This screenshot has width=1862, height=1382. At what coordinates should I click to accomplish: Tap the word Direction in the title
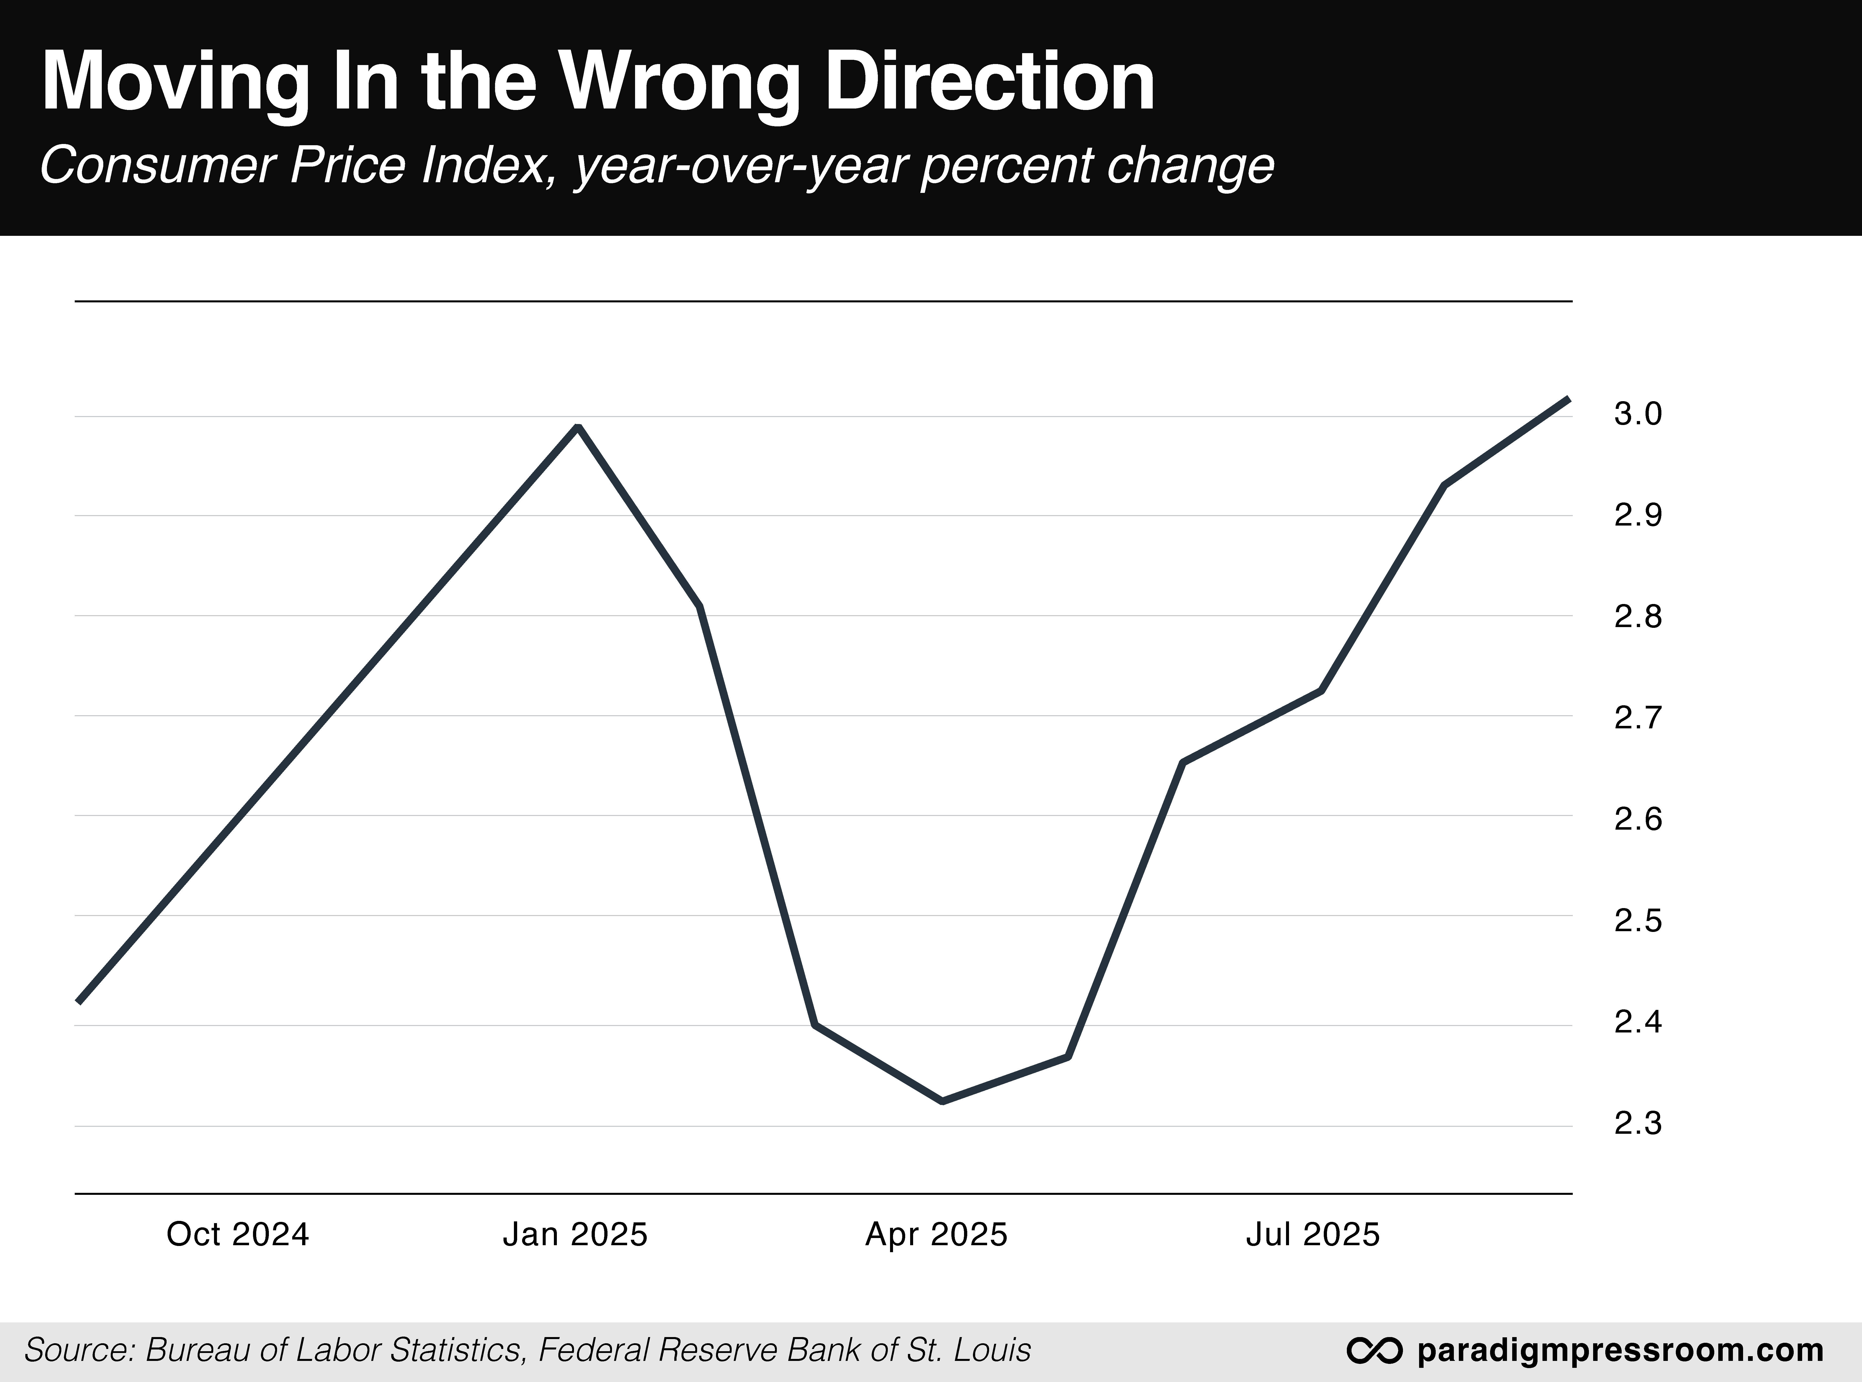[x=990, y=82]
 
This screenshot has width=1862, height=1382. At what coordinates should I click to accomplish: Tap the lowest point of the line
[x=943, y=1101]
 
